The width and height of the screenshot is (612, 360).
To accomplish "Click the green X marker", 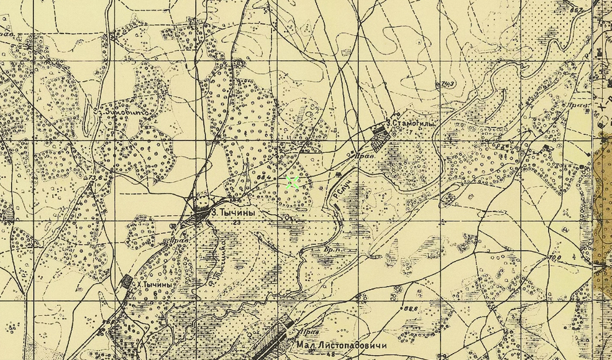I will coord(293,182).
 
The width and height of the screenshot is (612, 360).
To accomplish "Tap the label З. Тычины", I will coord(233,213).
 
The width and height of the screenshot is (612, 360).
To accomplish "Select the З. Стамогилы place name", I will coord(411,124).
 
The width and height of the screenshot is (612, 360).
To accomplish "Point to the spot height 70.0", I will coord(554,256).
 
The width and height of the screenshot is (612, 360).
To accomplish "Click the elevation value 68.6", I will coord(409,308).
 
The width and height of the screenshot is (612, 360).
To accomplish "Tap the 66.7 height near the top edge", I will coord(578,11).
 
